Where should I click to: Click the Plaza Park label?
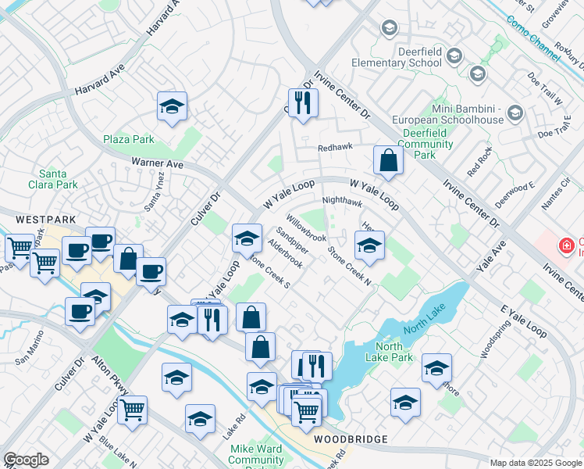click(129, 139)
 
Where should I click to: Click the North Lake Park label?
click(393, 352)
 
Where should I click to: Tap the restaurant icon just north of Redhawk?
click(303, 102)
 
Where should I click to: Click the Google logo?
click(26, 460)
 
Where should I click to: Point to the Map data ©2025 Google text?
click(536, 463)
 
